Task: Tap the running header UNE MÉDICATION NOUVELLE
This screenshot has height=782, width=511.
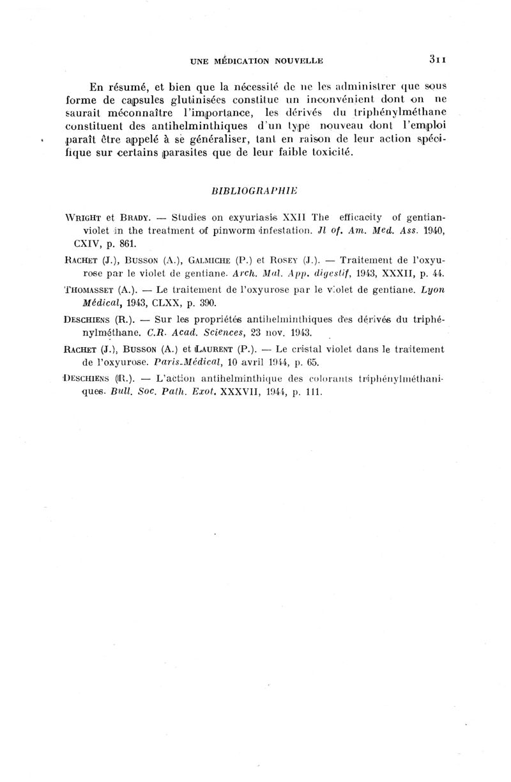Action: click(257, 61)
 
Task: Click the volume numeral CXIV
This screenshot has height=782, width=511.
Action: click(88, 244)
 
